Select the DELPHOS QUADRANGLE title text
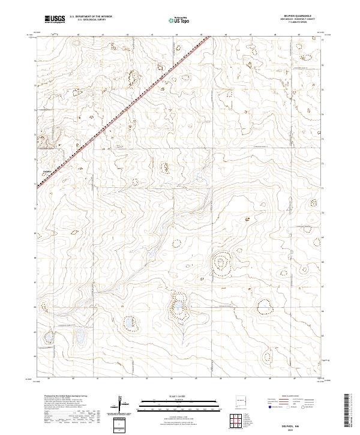(x=298, y=16)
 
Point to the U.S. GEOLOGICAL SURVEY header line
(x=91, y=20)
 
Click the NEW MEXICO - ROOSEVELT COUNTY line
(x=298, y=20)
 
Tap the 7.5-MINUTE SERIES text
(x=298, y=23)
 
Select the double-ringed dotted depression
(x=221, y=262)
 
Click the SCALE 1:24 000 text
(x=168, y=396)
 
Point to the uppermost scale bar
(x=168, y=400)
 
